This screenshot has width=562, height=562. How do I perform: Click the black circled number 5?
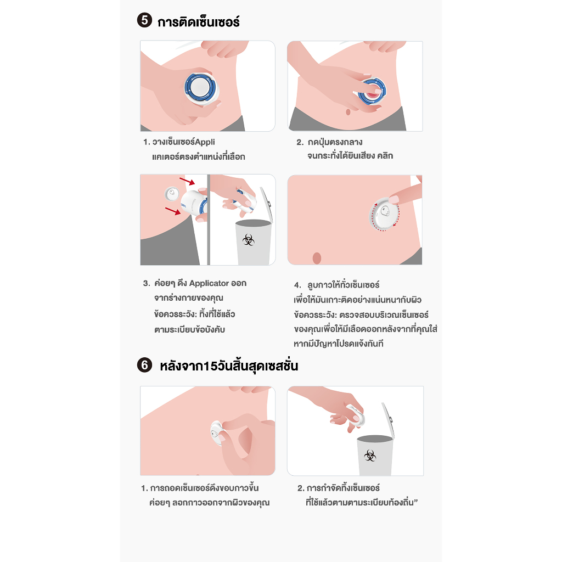pyautogui.click(x=144, y=20)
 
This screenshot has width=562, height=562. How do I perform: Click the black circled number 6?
pyautogui.click(x=144, y=365)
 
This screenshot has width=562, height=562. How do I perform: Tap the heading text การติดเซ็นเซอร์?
pyautogui.click(x=199, y=22)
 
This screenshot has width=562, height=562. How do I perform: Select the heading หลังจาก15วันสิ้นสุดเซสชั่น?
pyautogui.click(x=229, y=366)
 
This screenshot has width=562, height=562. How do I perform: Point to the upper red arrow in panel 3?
pyautogui.click(x=187, y=181)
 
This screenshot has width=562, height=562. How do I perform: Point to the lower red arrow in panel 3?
pyautogui.click(x=173, y=211)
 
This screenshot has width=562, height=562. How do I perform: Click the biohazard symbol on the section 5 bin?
pyautogui.click(x=249, y=239)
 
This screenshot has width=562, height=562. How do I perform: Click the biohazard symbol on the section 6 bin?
pyautogui.click(x=370, y=456)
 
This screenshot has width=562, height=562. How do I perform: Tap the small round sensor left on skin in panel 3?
pyautogui.click(x=172, y=194)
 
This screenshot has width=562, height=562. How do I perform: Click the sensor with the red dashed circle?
pyautogui.click(x=384, y=213)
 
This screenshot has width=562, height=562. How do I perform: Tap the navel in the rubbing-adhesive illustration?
pyautogui.click(x=317, y=258)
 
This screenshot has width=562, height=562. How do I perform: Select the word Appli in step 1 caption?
pyautogui.click(x=205, y=142)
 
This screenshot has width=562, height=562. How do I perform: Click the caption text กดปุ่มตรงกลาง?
pyautogui.click(x=335, y=142)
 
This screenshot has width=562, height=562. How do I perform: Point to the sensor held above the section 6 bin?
pyautogui.click(x=356, y=415)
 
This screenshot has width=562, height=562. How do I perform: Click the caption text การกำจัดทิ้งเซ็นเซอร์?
pyautogui.click(x=343, y=488)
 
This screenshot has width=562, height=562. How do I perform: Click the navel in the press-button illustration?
pyautogui.click(x=348, y=112)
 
